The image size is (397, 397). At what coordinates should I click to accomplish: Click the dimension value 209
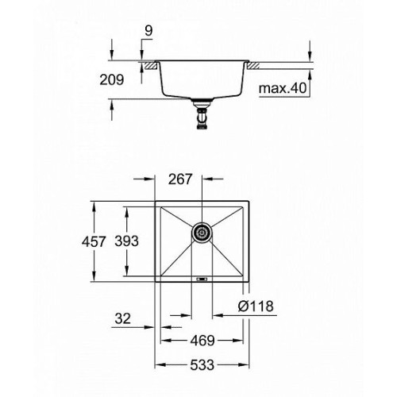pyautogui.click(x=112, y=79)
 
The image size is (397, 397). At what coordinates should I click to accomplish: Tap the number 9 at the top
pyautogui.click(x=148, y=31)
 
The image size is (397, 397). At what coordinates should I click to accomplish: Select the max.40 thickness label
pyautogui.click(x=283, y=88)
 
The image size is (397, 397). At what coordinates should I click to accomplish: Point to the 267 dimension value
pyautogui.click(x=180, y=179)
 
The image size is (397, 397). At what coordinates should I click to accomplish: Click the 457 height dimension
pyautogui.click(x=94, y=241)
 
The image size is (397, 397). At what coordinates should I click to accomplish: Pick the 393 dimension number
pyautogui.click(x=126, y=241)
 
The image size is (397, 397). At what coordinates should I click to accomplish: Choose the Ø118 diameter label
pyautogui.click(x=256, y=306)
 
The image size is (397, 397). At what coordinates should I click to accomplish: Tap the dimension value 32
pyautogui.click(x=123, y=318)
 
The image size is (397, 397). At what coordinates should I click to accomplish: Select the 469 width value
pyautogui.click(x=202, y=341)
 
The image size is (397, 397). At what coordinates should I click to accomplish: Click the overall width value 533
pyautogui.click(x=202, y=365)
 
